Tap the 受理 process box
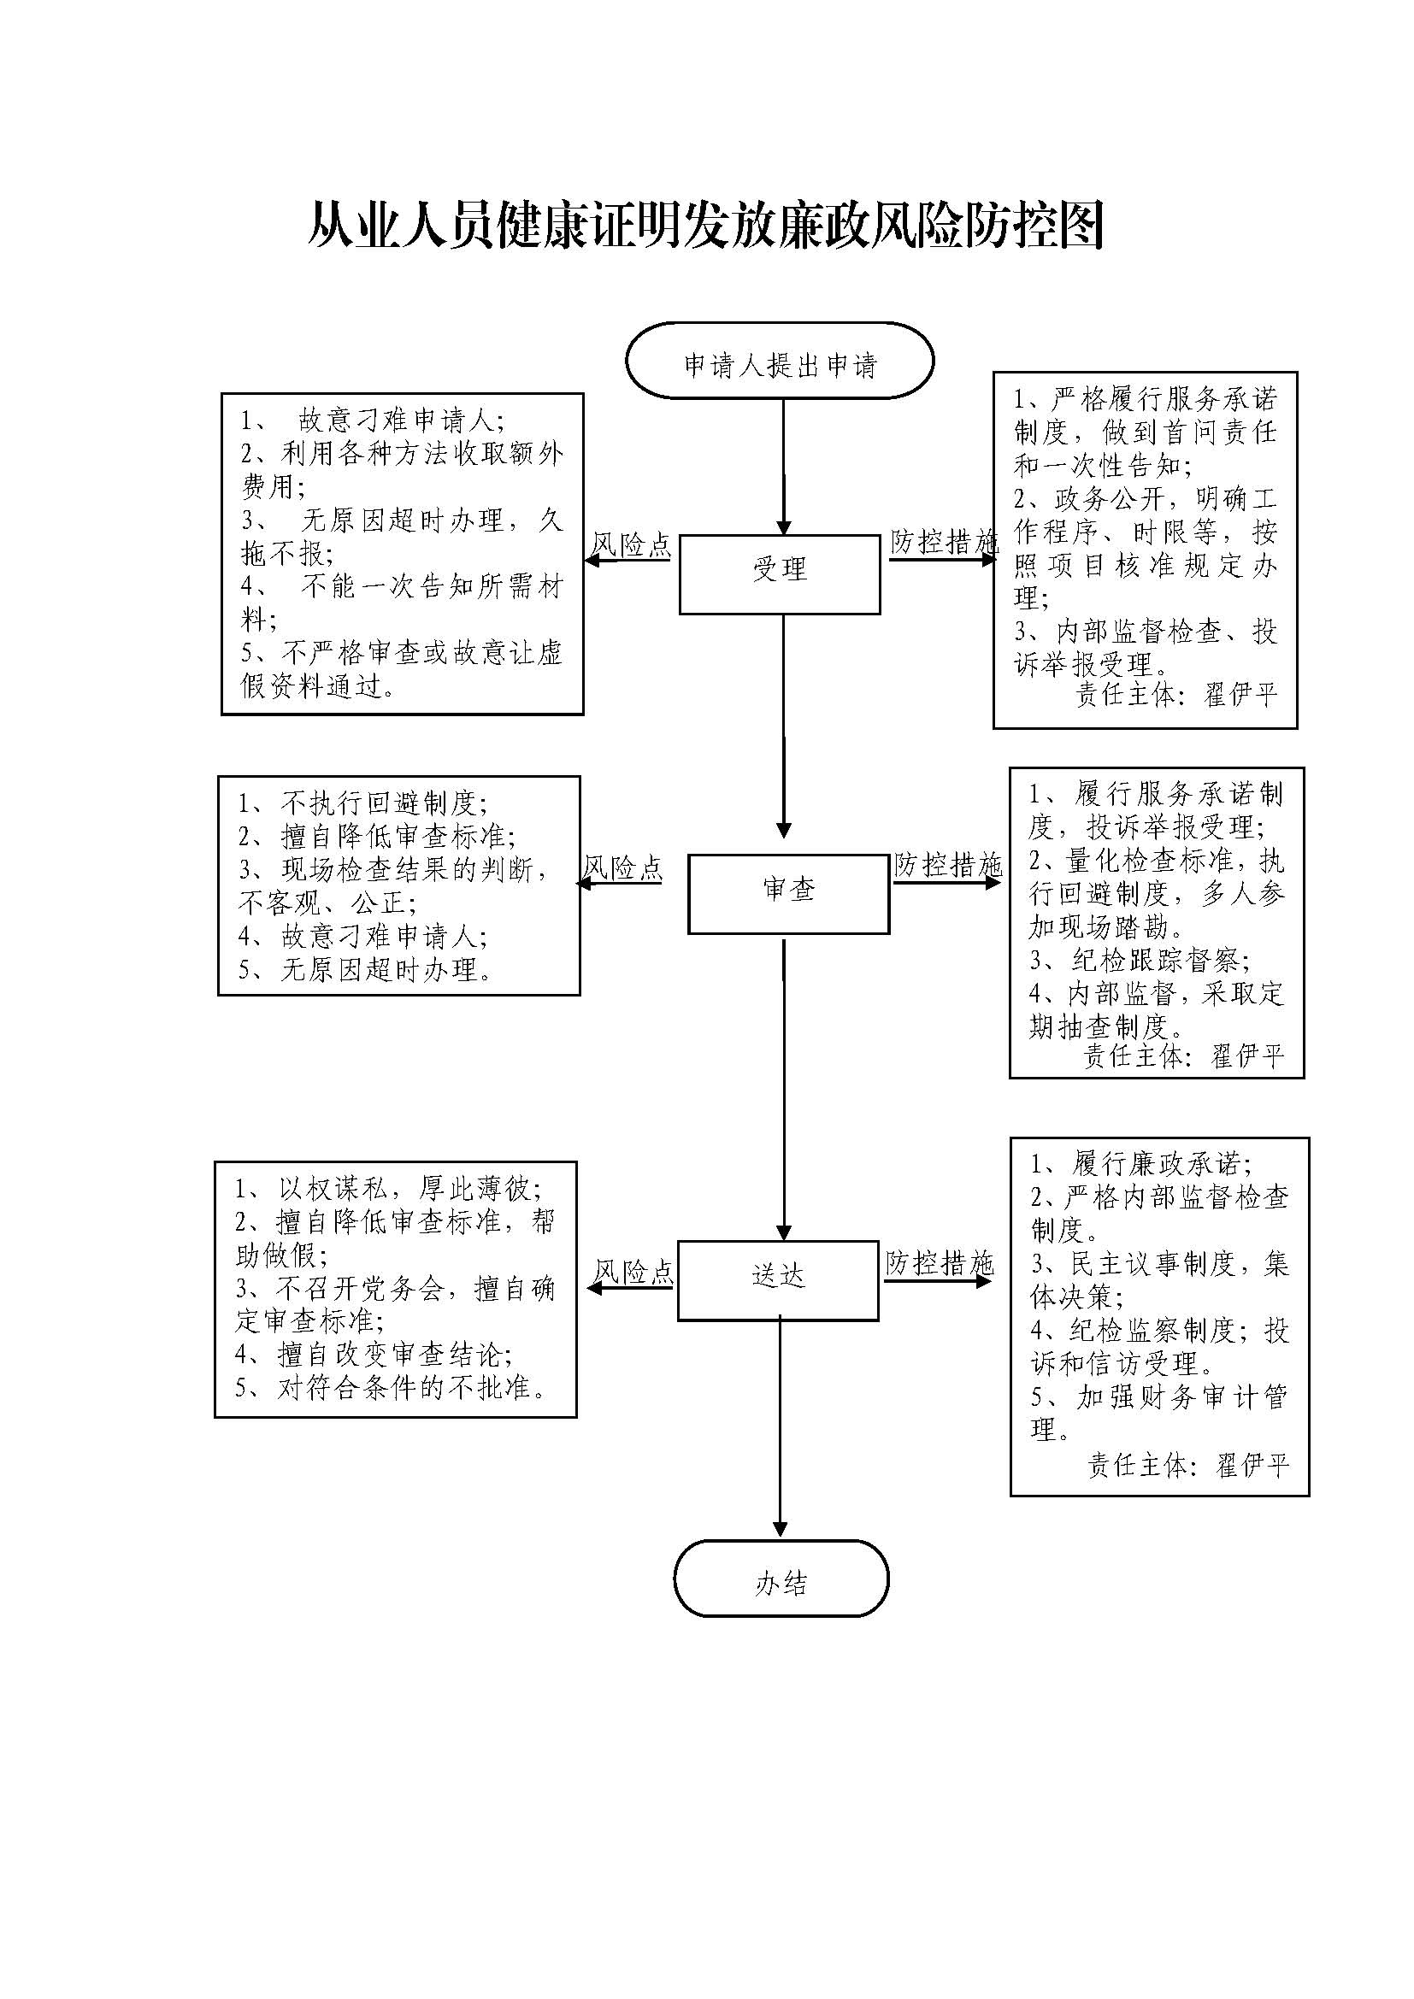coord(780,573)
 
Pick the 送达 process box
coord(777,1279)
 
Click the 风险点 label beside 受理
coord(631,546)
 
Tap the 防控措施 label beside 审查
coord(947,865)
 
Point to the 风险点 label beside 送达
coord(633,1272)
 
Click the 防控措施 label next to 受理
coord(943,543)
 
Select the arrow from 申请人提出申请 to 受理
coord(783,466)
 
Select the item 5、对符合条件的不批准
coord(393,1388)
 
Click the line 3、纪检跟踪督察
coord(1140,961)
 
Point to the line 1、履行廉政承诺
coord(1141,1163)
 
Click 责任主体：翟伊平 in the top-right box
coord(1176,695)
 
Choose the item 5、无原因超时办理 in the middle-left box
coord(367,969)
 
